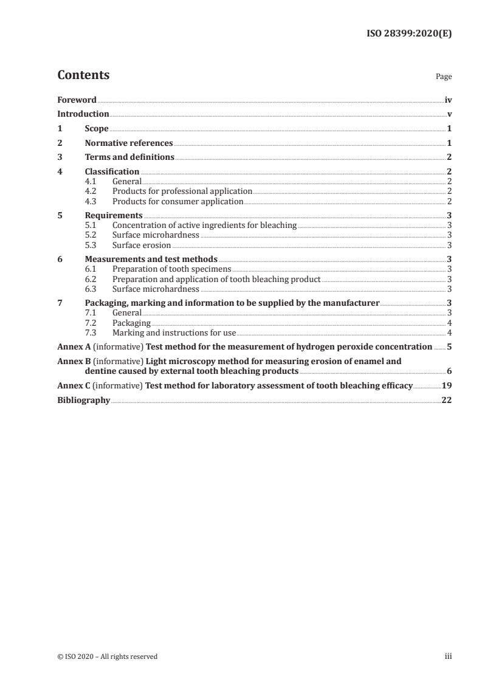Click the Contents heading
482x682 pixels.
83,75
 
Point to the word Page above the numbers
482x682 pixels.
444,77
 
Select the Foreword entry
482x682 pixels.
77,100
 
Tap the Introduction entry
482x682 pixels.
83,114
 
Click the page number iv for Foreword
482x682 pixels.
448,100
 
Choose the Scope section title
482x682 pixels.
97,129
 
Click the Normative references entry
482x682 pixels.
129,143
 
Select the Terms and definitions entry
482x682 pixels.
129,157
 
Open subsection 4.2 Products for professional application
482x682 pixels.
182,191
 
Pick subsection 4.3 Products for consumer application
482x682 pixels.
177,201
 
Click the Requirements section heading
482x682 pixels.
114,215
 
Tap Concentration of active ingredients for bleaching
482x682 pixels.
204,226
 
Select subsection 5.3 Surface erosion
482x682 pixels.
142,245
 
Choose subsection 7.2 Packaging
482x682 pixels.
131,323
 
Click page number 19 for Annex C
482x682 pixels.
446,385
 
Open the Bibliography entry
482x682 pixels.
83,401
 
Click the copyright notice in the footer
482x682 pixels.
107,656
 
